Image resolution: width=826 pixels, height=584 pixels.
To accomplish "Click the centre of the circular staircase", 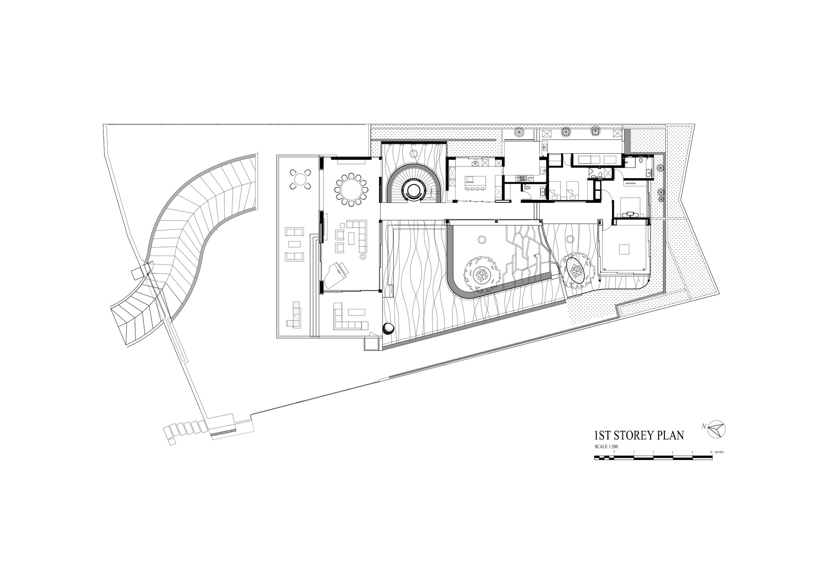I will coord(413,190).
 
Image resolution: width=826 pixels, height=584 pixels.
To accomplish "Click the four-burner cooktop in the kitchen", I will coord(522,178).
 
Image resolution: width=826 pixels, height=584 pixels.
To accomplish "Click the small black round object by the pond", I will coord(389,328).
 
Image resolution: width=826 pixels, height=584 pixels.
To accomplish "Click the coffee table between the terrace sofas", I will coord(294,244).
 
